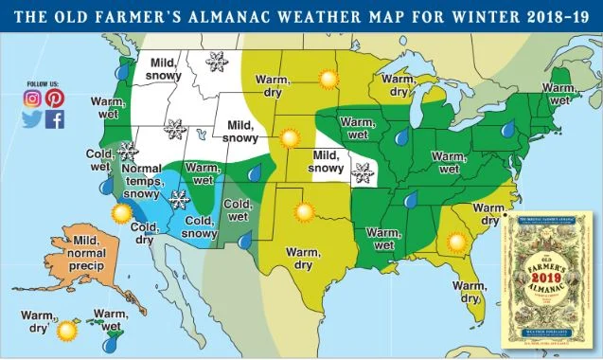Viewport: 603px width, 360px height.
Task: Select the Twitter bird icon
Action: click(x=32, y=119)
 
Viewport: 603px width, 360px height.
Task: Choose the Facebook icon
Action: click(x=55, y=119)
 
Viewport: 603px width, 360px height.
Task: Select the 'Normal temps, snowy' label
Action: click(x=142, y=182)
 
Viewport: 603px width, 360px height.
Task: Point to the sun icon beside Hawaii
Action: click(x=66, y=332)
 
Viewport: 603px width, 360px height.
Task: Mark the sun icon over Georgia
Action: click(x=458, y=243)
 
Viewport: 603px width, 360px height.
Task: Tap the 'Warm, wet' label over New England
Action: click(x=558, y=94)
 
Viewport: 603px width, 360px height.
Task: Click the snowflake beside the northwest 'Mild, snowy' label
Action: click(x=217, y=62)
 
